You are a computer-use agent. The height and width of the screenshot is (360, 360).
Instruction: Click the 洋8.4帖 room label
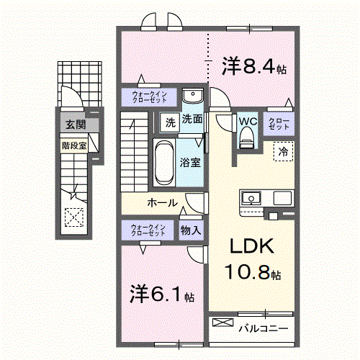point(254,68)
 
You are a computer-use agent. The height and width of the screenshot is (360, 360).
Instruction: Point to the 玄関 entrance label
point(74,125)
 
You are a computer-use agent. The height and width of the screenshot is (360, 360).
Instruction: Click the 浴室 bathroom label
point(190,163)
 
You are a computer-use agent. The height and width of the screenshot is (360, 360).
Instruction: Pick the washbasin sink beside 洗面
point(192,97)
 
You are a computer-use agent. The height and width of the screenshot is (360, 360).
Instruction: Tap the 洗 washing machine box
point(170,121)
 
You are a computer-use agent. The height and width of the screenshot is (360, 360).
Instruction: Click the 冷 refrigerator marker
point(283,151)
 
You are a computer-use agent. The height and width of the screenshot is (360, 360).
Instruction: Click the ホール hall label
point(163,202)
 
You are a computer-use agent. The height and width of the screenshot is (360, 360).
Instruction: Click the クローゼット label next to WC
point(279,122)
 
